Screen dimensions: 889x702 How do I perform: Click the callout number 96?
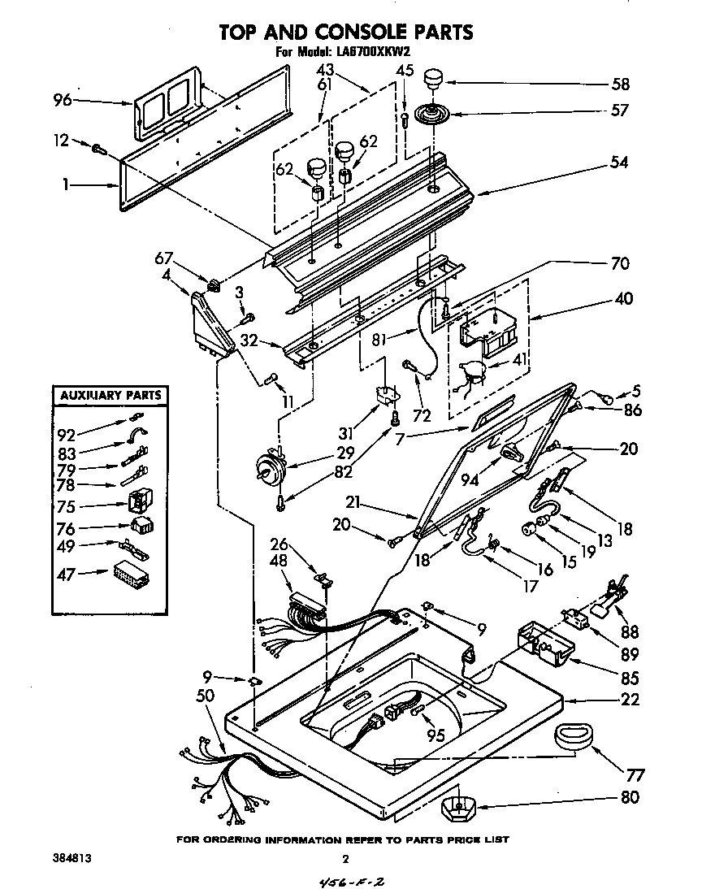pos(63,101)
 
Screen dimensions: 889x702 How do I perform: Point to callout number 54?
pos(618,163)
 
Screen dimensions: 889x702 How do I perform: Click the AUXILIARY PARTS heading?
pos(110,397)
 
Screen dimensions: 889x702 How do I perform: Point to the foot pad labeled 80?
pos(458,808)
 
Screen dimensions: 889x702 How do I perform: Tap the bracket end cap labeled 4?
pos(210,323)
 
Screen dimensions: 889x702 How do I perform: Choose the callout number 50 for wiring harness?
pos(206,695)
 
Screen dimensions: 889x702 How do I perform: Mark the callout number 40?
pos(623,298)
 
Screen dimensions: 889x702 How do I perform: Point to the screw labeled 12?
pos(100,149)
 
